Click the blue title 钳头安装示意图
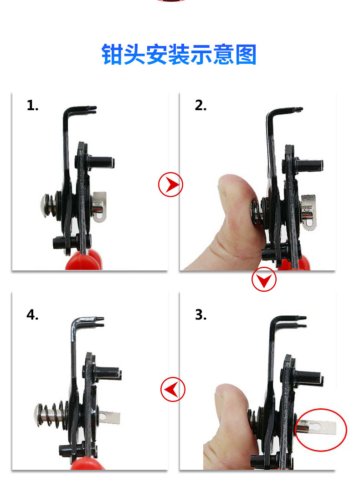[179, 55]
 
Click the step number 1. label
[32, 105]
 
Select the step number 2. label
[201, 105]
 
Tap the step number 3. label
[201, 315]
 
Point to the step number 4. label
[32, 315]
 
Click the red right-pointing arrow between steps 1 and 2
[170, 185]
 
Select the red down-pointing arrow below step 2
[264, 280]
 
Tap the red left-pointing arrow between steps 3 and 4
[173, 389]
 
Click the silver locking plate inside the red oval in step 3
[318, 427]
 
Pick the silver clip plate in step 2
[309, 213]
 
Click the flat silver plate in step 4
[109, 418]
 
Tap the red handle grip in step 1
[84, 260]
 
